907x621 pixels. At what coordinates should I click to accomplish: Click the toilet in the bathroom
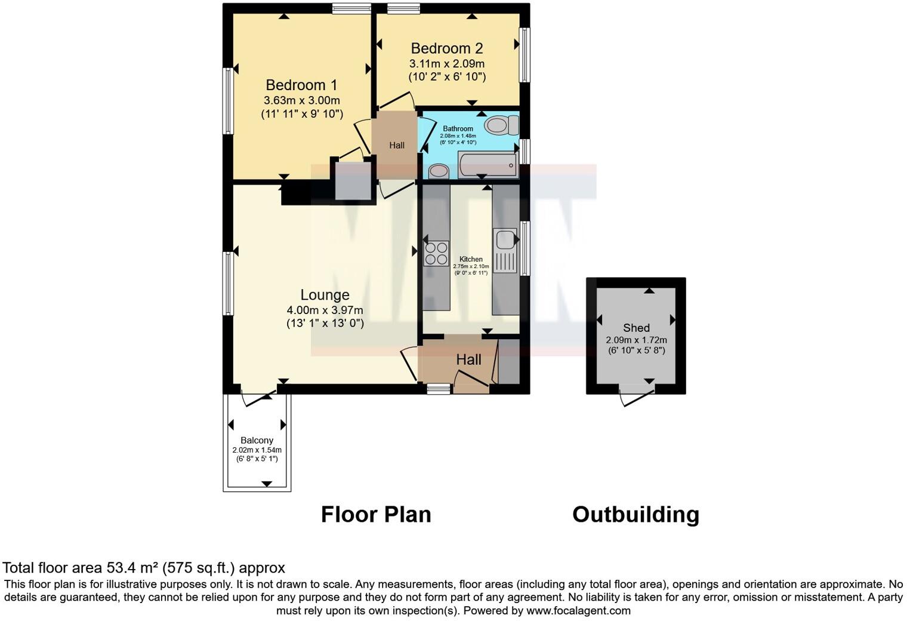502,125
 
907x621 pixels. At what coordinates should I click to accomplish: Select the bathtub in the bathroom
488,164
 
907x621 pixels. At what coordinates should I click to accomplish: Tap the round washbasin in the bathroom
439,171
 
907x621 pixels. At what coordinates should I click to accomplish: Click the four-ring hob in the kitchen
436,253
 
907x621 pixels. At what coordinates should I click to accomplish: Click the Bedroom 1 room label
301,85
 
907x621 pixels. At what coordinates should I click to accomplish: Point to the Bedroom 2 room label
446,48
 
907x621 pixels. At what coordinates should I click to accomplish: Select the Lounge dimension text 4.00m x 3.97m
325,310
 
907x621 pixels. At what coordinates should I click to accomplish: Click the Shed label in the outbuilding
636,328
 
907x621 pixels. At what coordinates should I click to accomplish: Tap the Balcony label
257,440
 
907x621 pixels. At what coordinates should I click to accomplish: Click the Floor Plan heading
376,514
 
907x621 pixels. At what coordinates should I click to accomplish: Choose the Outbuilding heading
635,514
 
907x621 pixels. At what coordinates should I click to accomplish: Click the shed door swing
634,396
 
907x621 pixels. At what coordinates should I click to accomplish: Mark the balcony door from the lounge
258,398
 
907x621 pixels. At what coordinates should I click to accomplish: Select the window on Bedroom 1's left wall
227,101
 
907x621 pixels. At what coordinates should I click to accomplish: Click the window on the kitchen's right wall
525,248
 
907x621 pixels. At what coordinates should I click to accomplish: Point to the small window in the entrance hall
439,389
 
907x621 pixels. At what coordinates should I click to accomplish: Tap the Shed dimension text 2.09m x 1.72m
636,340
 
